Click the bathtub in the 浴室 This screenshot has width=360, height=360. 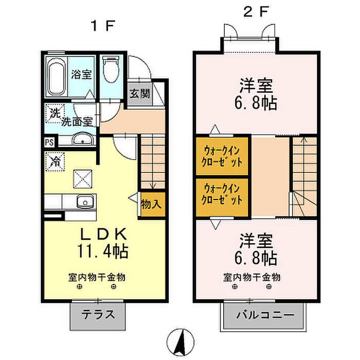(56, 77)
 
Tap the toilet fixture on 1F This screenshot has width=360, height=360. (111, 69)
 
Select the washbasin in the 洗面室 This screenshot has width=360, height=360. (83, 139)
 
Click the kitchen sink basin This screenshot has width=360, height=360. (85, 202)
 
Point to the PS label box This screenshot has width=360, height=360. (49, 142)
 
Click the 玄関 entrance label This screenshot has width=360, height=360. (139, 94)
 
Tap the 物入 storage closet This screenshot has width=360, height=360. (152, 204)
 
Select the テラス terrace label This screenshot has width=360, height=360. (98, 315)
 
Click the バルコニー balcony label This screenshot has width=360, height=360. (265, 315)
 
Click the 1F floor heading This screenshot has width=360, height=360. (103, 26)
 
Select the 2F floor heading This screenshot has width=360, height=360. (256, 11)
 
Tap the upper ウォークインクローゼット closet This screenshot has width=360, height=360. (222, 156)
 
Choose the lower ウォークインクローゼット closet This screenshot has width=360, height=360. (222, 197)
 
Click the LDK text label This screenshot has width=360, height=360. (103, 235)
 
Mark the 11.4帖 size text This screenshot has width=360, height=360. (103, 251)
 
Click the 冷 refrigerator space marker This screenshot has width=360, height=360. (55, 161)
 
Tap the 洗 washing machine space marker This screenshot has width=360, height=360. (55, 114)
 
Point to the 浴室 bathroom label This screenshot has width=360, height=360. (81, 74)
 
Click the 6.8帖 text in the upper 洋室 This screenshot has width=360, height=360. (256, 103)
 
